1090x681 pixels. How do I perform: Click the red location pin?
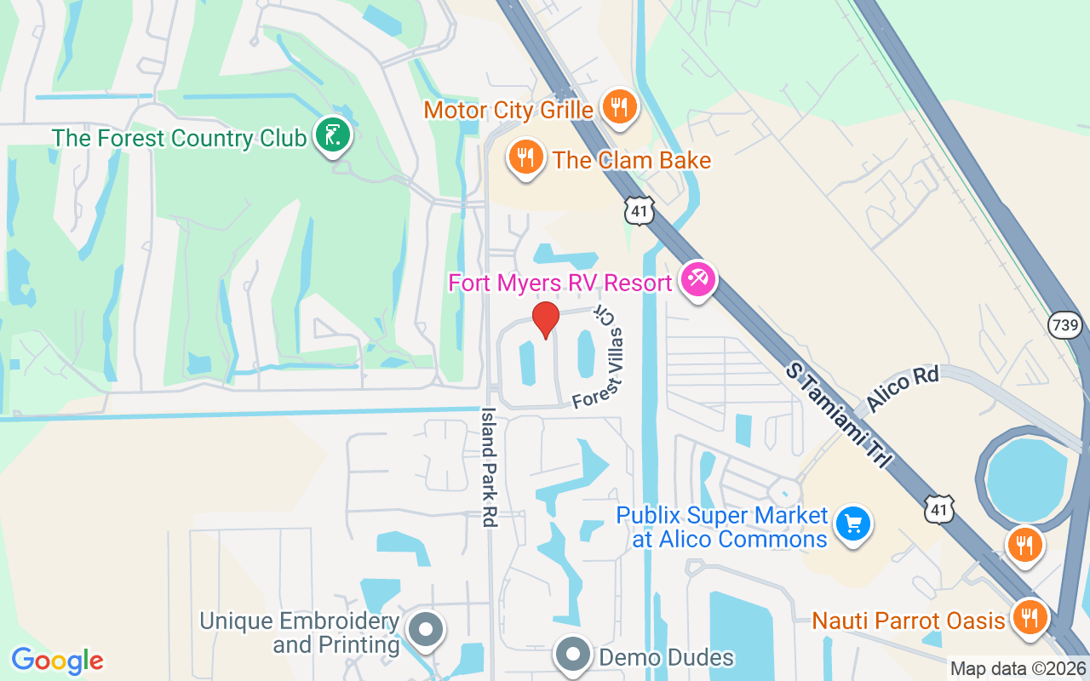point(545,319)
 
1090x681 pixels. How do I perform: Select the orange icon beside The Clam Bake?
point(526,157)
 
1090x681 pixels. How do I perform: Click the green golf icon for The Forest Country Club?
point(333,135)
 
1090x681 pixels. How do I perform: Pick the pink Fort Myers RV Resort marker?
point(698,280)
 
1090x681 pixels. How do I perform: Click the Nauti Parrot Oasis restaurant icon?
point(1030,618)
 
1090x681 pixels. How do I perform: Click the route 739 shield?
point(1065,324)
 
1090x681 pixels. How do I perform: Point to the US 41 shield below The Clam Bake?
point(639,211)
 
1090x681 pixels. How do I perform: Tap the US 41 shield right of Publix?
point(938,509)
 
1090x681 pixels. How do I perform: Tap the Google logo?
point(57,661)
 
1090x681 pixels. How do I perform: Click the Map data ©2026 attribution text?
point(1018,669)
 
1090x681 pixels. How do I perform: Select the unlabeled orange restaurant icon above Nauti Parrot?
point(1024,545)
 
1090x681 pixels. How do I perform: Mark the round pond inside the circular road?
point(1026,480)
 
